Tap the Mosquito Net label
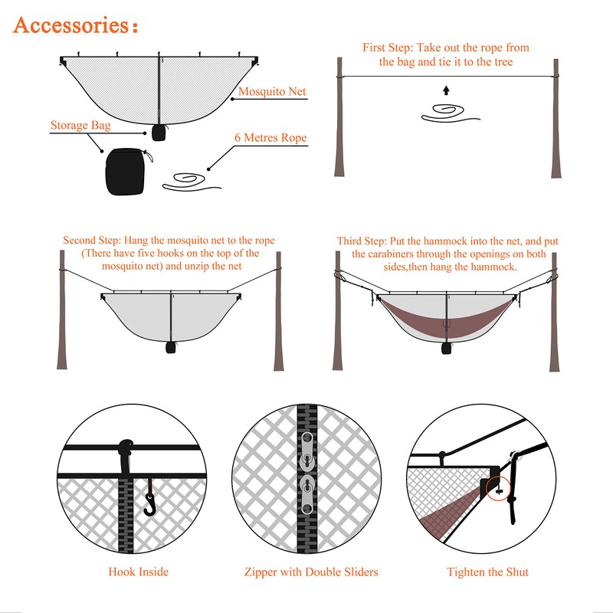[272, 92]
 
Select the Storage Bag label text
[82, 126]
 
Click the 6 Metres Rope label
[270, 138]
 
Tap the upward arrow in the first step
[445, 90]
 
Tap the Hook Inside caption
[138, 572]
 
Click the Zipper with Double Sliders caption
[311, 572]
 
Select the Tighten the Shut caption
[487, 572]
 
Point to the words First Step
[387, 48]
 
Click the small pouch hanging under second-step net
[170, 347]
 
